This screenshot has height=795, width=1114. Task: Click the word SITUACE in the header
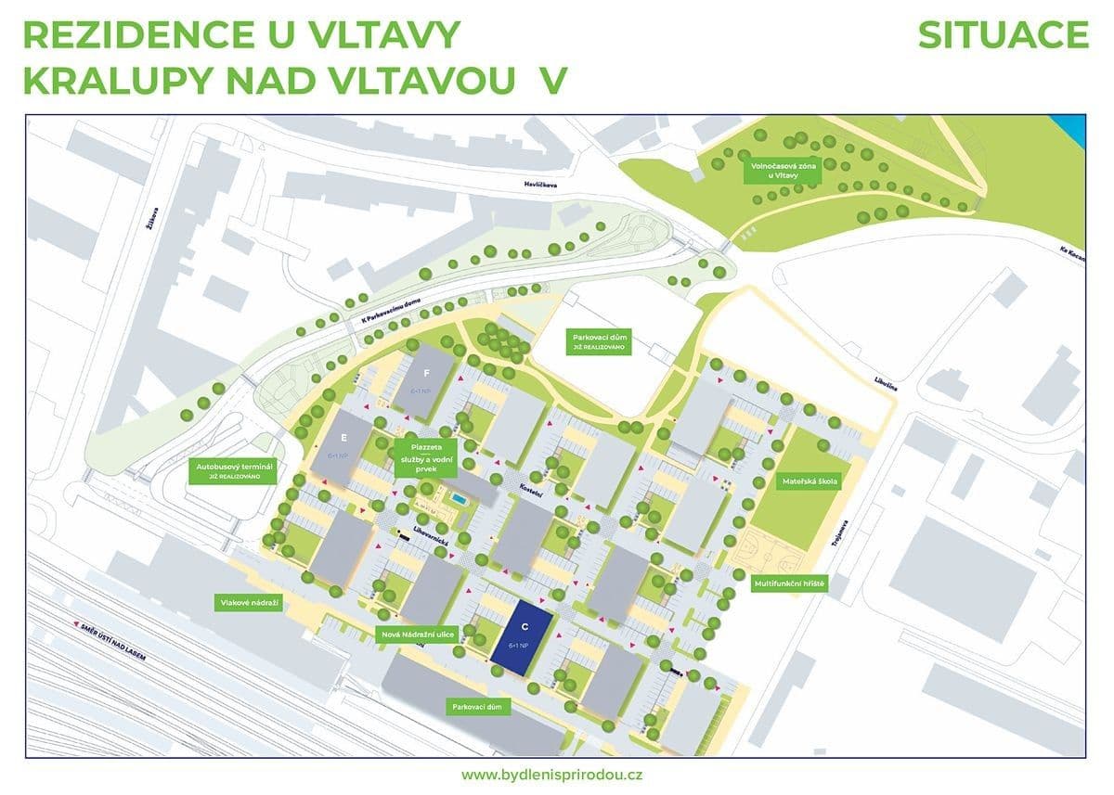(x=1003, y=35)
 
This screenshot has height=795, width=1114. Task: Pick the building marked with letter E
(x=343, y=444)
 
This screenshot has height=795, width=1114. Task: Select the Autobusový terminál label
(x=233, y=471)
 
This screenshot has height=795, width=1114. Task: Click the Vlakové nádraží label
(x=250, y=602)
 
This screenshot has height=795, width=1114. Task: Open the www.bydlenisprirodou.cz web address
(x=554, y=774)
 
